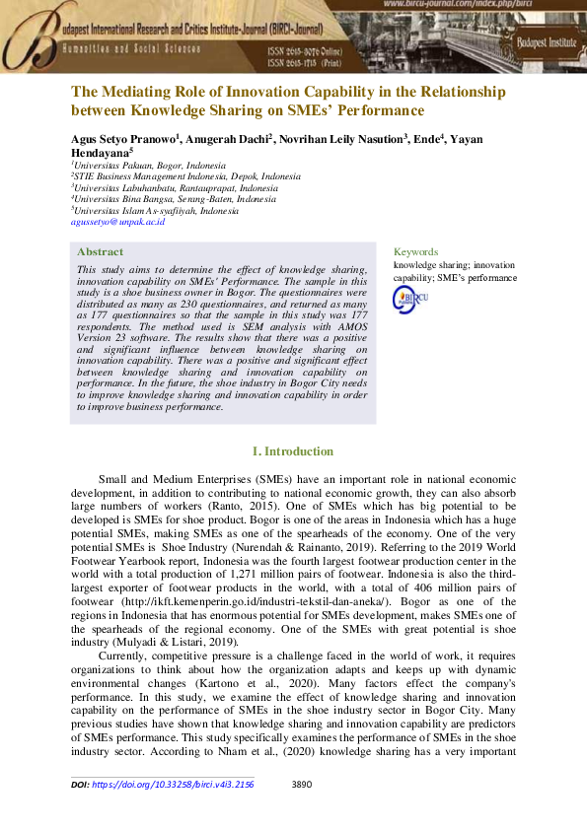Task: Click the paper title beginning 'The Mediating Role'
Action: (287, 101)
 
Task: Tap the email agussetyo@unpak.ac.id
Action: (117, 223)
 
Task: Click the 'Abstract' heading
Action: (100, 251)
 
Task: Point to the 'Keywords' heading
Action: (415, 251)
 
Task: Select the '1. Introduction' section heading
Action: (293, 451)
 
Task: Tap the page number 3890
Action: (304, 785)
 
